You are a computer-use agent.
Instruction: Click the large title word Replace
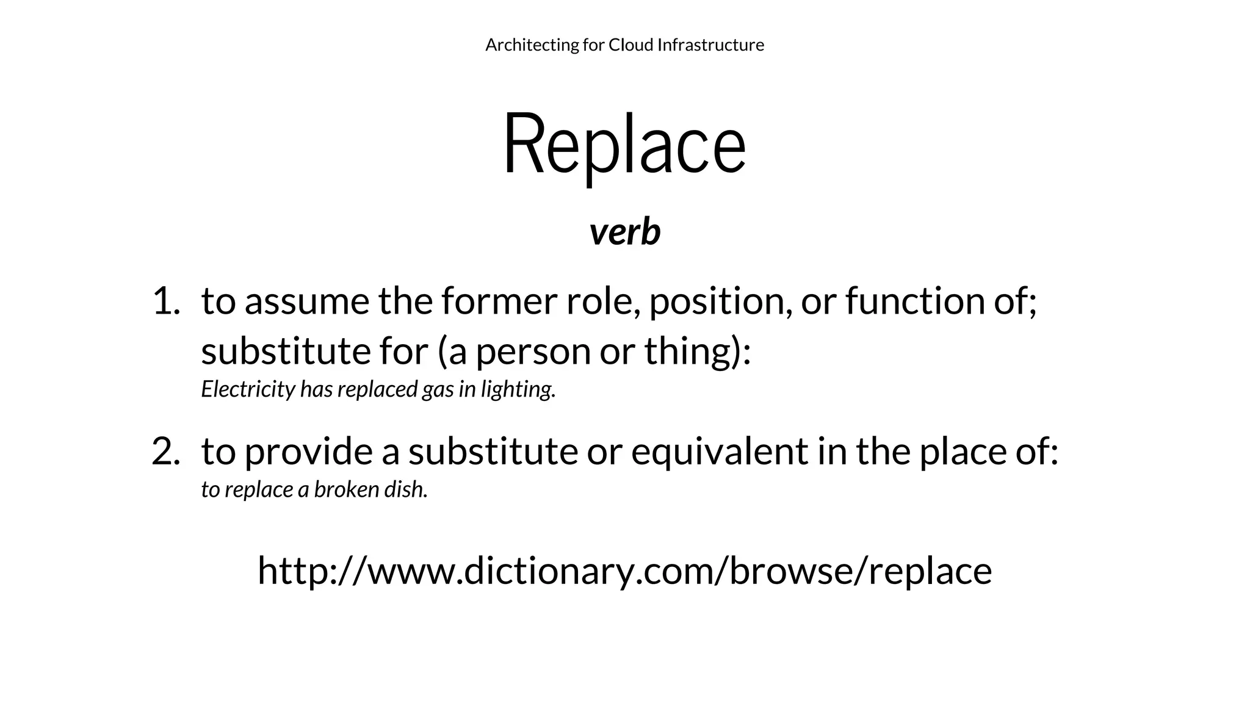(624, 144)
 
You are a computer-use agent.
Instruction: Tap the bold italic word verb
(624, 233)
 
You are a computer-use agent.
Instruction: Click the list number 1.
(165, 301)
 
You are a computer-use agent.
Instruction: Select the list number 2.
(165, 452)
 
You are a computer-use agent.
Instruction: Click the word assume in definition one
(307, 301)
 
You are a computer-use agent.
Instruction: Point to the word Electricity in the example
(248, 389)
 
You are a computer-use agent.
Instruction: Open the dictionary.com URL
(624, 571)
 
